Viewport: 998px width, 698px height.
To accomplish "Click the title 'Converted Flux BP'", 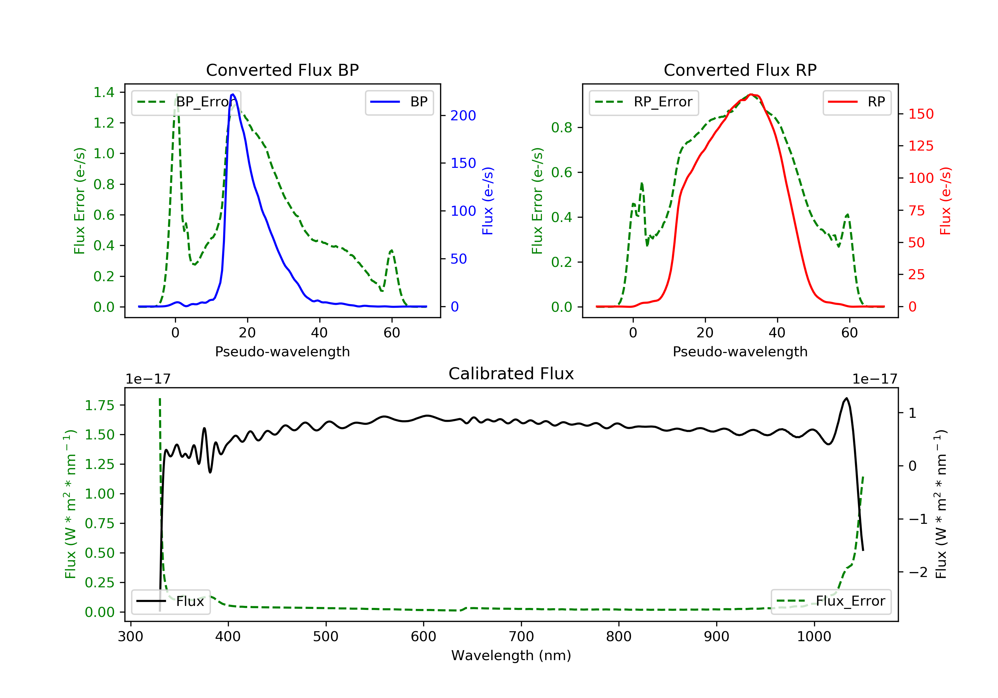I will tap(282, 70).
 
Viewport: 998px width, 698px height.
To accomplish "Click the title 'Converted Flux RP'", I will tap(740, 70).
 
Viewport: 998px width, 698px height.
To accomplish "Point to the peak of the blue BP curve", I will tap(233, 94).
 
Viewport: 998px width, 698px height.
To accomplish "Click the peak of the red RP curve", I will tap(751, 94).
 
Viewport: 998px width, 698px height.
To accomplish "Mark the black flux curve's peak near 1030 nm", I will tap(846, 398).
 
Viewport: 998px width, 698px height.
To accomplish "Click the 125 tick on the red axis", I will tap(920, 146).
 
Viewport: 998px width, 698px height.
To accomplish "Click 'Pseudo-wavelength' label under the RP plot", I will tap(740, 351).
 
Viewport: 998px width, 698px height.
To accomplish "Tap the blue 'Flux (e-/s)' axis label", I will tap(488, 201).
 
